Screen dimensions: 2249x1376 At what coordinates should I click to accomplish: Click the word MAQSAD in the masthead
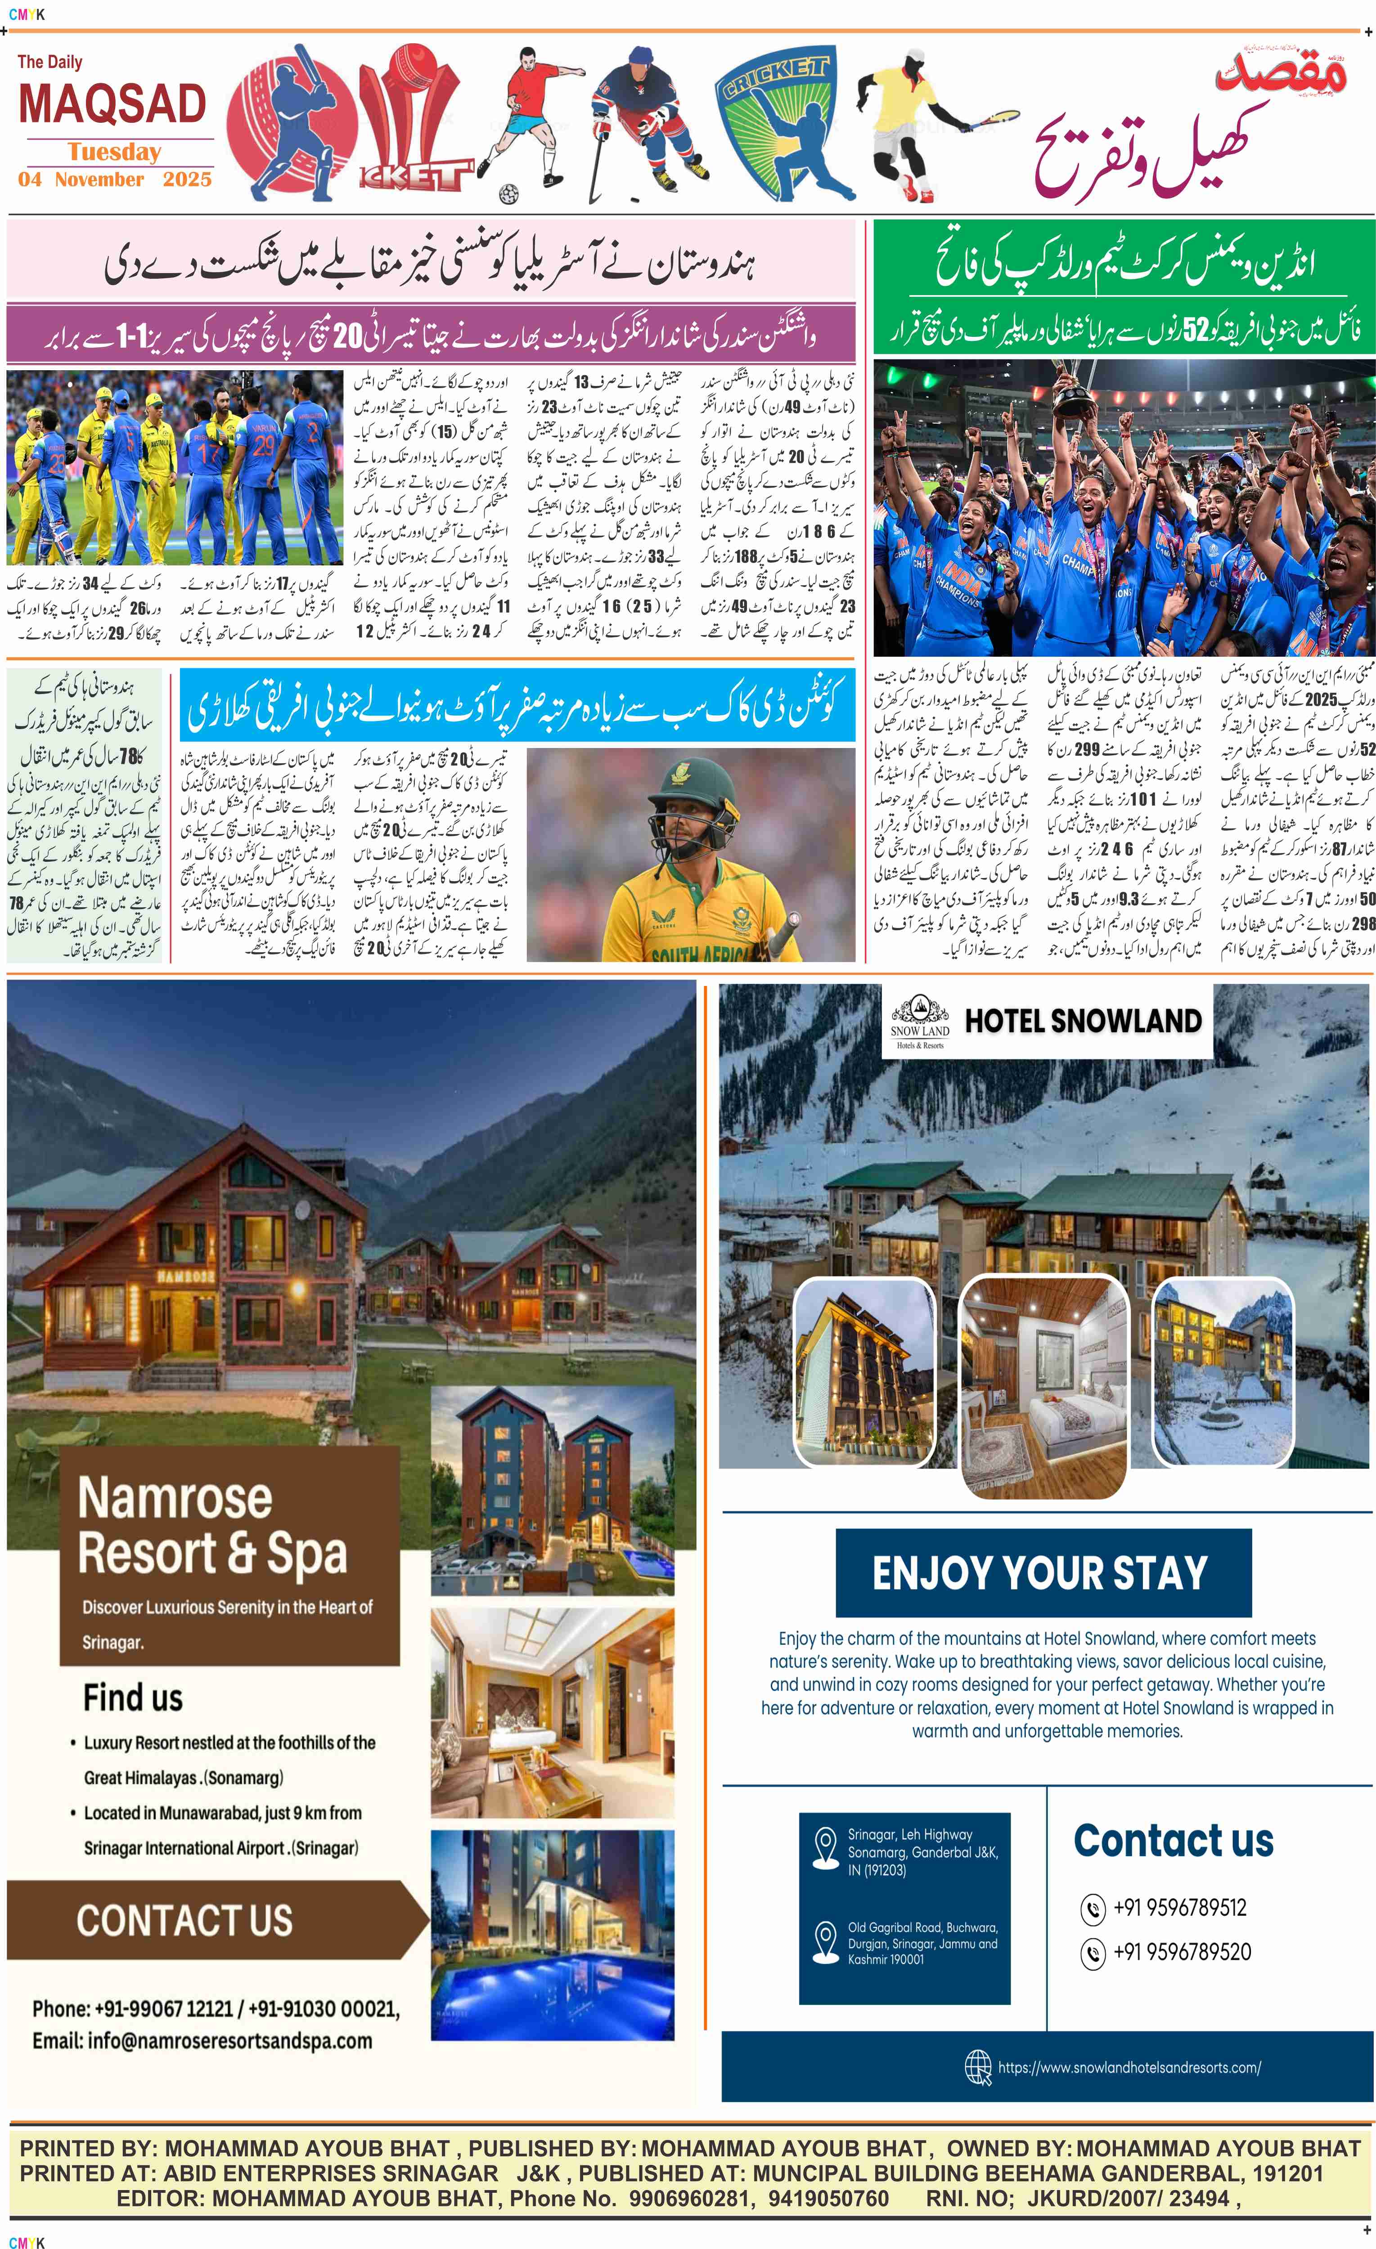[112, 105]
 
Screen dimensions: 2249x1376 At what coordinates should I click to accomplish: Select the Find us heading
[133, 1698]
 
